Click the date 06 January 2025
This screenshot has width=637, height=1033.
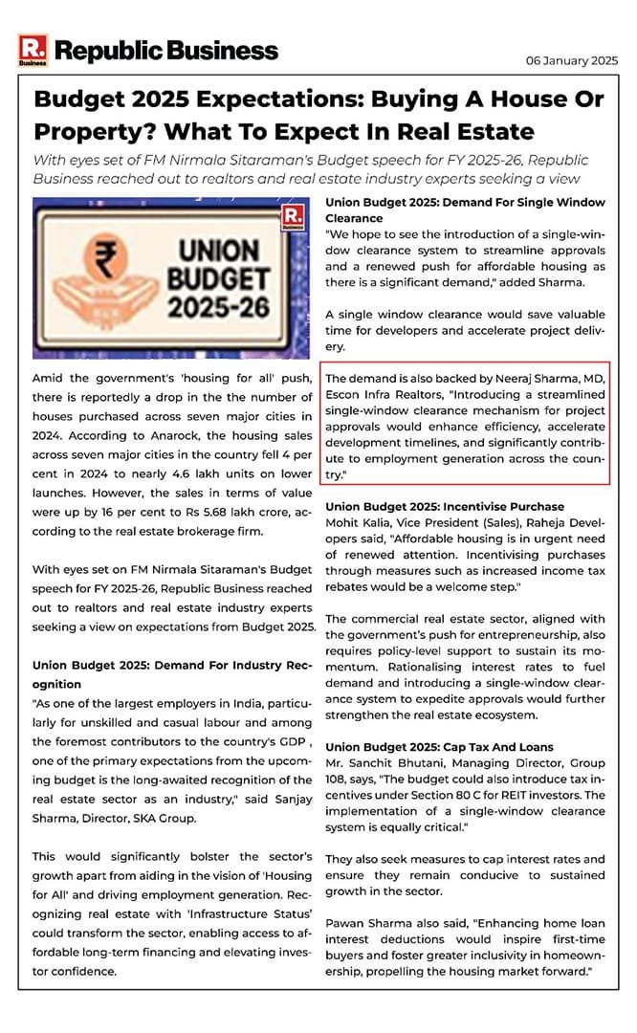572,60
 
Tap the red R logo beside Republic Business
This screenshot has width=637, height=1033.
32,50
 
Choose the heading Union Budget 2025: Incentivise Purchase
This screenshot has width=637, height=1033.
445,506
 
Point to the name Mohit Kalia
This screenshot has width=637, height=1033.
358,523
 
